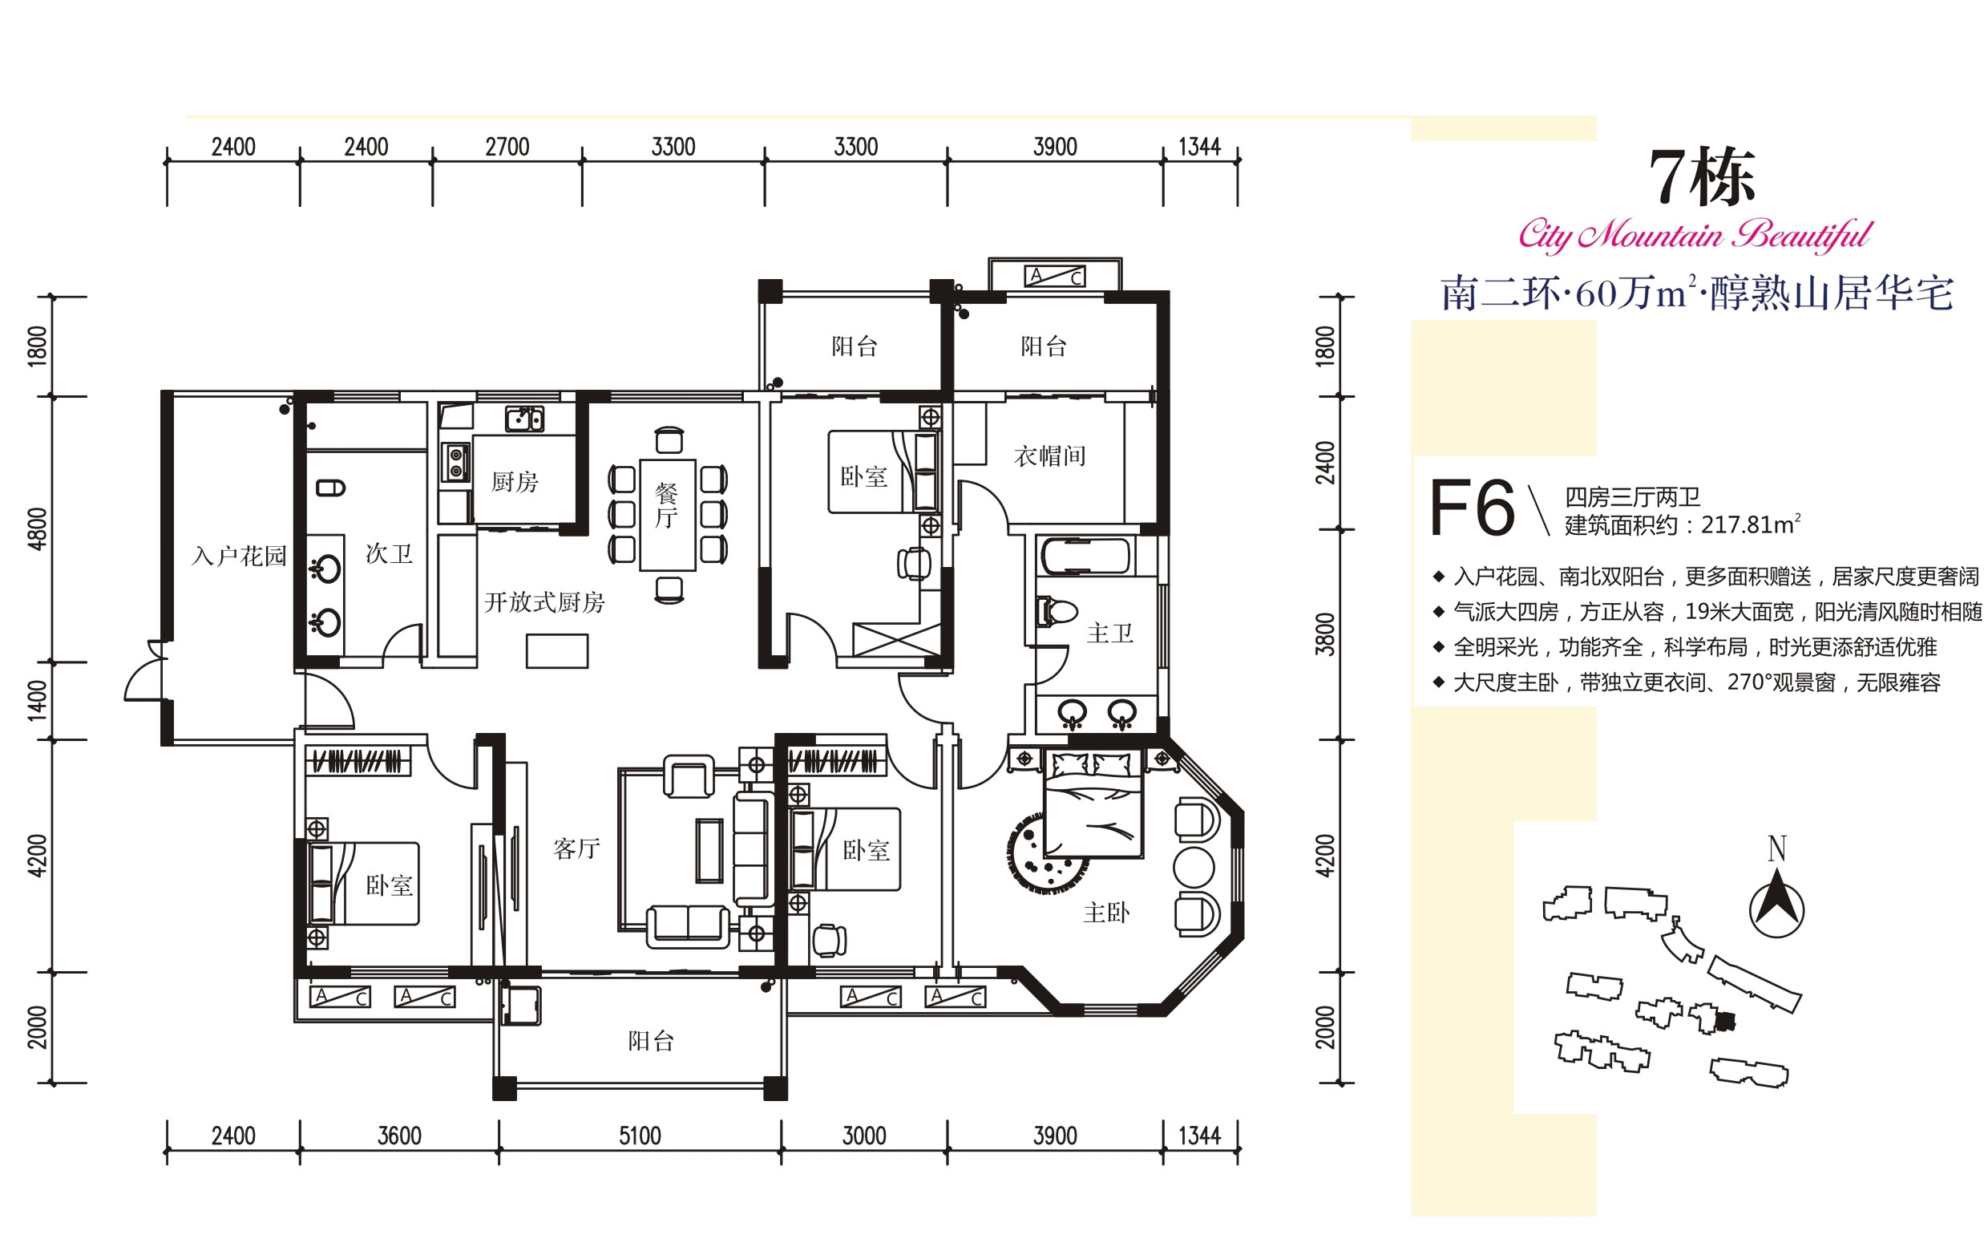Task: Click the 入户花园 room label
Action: (239, 557)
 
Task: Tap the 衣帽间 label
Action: (1050, 456)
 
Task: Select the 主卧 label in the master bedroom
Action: (1107, 913)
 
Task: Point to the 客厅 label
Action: (576, 849)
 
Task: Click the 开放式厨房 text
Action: (545, 603)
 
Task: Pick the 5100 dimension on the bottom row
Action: (640, 1136)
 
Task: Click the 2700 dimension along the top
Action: (507, 148)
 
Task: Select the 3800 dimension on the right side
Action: (1324, 634)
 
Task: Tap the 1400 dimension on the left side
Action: (38, 701)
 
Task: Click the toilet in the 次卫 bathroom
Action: (330, 488)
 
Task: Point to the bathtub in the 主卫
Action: (1085, 557)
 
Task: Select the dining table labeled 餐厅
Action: (668, 515)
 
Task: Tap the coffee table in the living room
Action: (709, 850)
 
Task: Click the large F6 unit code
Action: (1472, 508)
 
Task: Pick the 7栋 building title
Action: (1702, 177)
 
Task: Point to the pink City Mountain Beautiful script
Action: (1695, 234)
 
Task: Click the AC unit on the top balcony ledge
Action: (1055, 276)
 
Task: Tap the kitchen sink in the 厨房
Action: (524, 419)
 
